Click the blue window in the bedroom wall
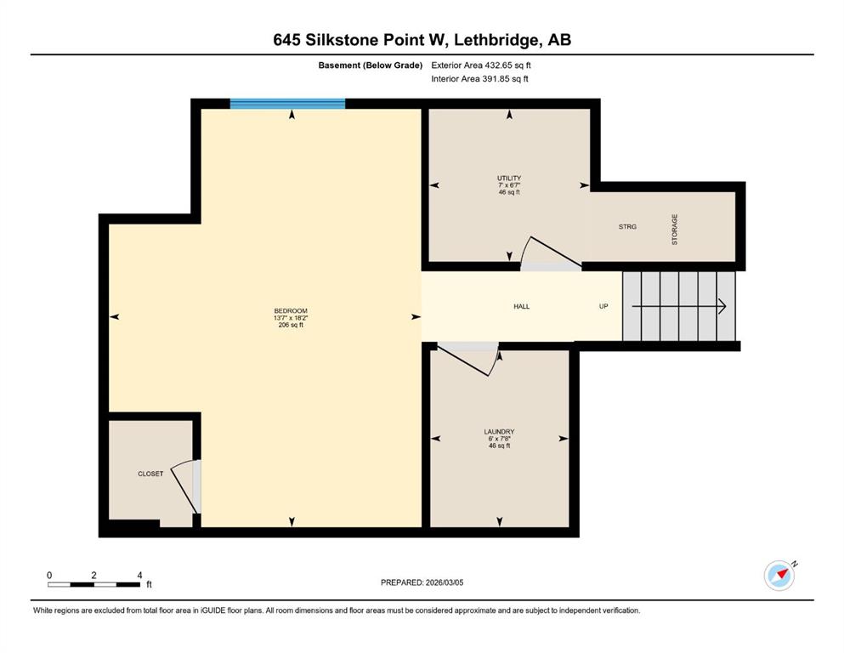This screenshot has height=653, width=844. [287, 104]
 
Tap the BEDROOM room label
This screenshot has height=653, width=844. [291, 310]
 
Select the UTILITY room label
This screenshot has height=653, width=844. [509, 179]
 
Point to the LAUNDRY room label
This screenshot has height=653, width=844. [499, 432]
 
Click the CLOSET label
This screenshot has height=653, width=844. [150, 474]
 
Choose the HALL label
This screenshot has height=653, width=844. [522, 306]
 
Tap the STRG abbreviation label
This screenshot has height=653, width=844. [627, 227]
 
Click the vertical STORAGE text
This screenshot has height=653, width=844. [675, 230]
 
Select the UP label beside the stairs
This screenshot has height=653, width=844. [603, 306]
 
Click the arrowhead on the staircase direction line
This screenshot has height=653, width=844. [722, 306]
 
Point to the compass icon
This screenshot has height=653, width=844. [779, 575]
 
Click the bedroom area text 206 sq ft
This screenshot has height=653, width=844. [291, 325]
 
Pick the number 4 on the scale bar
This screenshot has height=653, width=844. [139, 575]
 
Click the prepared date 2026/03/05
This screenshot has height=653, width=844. [444, 582]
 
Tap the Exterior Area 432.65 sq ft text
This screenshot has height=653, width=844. [481, 65]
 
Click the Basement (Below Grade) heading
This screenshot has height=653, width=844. [371, 65]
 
